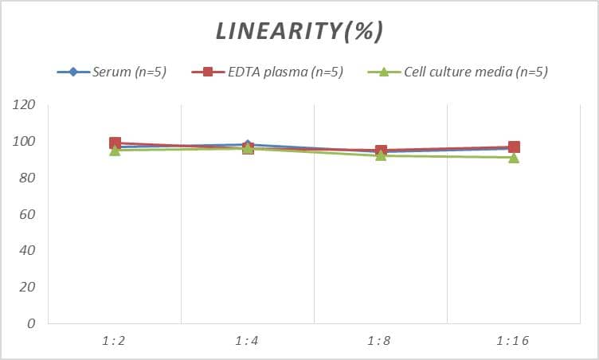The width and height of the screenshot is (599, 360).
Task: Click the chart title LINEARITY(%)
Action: tap(299, 31)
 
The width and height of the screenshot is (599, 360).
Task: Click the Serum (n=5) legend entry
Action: tap(119, 72)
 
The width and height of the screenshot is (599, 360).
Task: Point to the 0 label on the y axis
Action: tap(31, 324)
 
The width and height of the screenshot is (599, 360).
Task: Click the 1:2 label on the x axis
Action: tap(114, 341)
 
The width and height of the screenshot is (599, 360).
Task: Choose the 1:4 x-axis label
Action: tap(248, 341)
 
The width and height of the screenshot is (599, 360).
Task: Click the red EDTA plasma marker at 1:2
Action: tap(115, 143)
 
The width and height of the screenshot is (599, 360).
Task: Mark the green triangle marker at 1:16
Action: tap(514, 158)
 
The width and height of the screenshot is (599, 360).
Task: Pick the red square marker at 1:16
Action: tap(514, 147)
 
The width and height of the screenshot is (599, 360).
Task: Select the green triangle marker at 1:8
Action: tap(381, 155)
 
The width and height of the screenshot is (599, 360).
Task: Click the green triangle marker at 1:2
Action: tap(115, 151)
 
